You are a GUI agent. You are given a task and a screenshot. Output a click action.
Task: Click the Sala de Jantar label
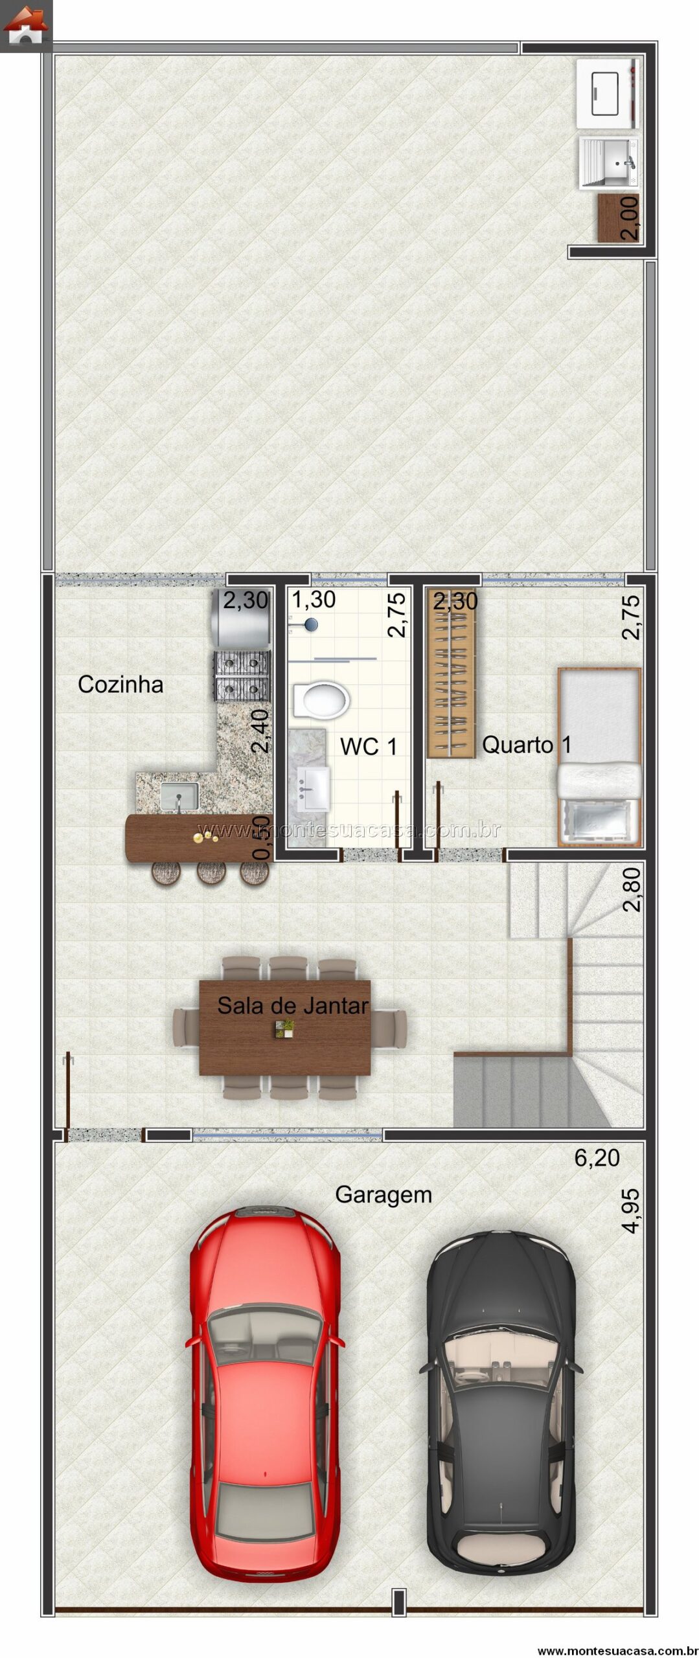(293, 1005)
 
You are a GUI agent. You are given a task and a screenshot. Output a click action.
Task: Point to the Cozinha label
(120, 684)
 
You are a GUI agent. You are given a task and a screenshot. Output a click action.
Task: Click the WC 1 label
(369, 746)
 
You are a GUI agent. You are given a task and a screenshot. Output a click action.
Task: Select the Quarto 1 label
(527, 745)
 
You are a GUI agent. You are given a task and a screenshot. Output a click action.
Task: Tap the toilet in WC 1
(321, 700)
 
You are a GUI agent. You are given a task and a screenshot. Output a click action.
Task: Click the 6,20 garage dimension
(597, 1158)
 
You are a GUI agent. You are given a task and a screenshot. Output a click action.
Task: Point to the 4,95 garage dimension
(630, 1211)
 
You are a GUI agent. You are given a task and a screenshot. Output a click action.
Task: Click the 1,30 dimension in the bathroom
(314, 600)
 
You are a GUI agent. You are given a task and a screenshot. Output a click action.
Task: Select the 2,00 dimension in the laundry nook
(629, 218)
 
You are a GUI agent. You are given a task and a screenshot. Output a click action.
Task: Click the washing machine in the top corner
(608, 95)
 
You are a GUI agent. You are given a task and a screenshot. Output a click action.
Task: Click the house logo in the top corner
(25, 26)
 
